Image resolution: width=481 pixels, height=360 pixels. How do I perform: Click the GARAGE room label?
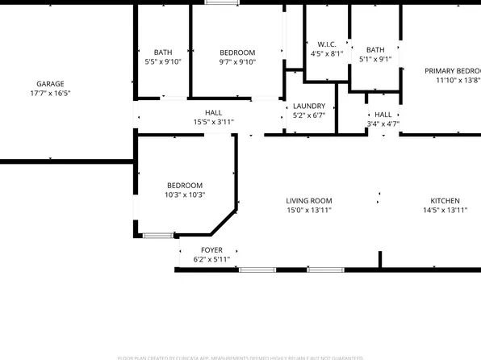[x=50, y=84]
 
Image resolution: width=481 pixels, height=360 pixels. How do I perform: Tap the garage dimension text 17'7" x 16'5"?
[x=50, y=94]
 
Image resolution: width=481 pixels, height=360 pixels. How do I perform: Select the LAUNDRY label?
[x=309, y=106]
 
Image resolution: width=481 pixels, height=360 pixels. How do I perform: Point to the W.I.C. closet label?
[x=327, y=44]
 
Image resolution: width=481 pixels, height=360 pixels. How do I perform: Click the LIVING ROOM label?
[x=309, y=201]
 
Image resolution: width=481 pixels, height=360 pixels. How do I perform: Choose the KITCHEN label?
[x=445, y=201]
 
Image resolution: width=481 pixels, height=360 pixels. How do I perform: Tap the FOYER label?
[x=212, y=250]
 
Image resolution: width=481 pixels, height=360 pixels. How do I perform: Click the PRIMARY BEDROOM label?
[x=453, y=71]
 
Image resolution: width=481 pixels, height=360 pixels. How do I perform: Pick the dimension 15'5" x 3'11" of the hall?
[x=213, y=123]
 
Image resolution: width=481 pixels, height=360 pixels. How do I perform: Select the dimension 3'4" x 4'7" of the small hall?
[x=383, y=124]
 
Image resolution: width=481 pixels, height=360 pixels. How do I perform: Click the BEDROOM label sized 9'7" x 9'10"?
[x=237, y=52]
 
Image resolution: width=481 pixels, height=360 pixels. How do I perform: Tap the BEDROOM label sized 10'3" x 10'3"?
[x=185, y=186]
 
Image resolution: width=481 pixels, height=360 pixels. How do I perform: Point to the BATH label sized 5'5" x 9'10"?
[x=163, y=52]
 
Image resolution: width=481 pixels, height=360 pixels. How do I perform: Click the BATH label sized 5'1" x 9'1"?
[x=375, y=49]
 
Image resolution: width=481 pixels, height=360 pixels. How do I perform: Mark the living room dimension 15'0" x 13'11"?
[x=309, y=211]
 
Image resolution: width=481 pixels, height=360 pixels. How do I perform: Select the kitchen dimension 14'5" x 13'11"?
[x=445, y=211]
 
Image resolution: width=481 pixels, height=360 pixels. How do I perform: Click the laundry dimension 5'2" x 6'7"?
[x=309, y=115]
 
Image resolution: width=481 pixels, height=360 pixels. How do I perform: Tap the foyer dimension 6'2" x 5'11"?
[x=212, y=260]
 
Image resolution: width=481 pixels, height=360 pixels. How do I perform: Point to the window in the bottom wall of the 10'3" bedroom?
[x=159, y=235]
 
